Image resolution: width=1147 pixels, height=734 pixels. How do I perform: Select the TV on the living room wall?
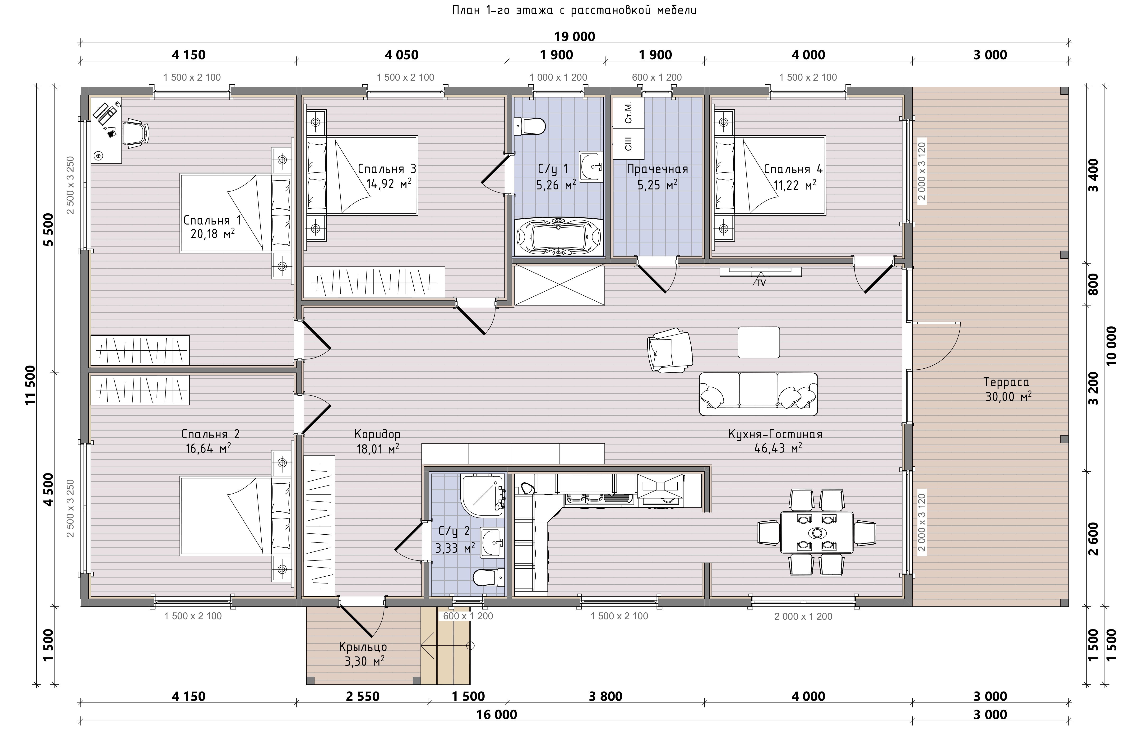760,272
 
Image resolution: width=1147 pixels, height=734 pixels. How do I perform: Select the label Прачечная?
657,169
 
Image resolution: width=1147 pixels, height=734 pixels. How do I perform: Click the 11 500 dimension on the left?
31,385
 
